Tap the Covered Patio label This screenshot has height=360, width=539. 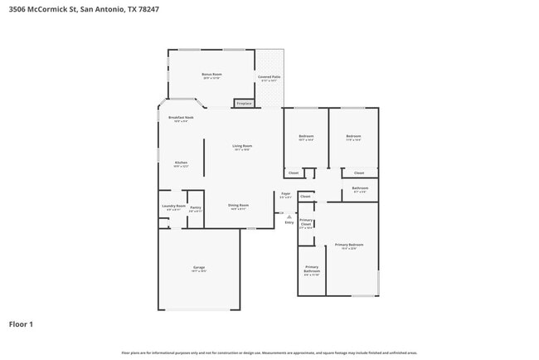pos(269,78)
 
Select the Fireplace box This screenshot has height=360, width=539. pos(244,104)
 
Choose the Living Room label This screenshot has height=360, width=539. pos(242,147)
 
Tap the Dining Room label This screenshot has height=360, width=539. pos(239,207)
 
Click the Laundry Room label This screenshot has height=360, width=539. pos(174,207)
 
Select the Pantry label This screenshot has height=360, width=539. pos(196,209)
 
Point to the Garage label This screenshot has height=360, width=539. pos(199,269)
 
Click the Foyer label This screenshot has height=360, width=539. pos(285,196)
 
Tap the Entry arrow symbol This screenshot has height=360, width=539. pos(289,216)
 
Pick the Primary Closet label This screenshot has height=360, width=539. pos(306,224)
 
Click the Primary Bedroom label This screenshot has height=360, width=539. pos(349,246)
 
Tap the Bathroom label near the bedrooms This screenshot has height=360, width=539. pos(360,190)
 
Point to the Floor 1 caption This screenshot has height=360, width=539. pos(21,324)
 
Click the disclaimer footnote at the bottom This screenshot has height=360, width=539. pos(269,353)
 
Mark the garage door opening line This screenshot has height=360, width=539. pos(199,310)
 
